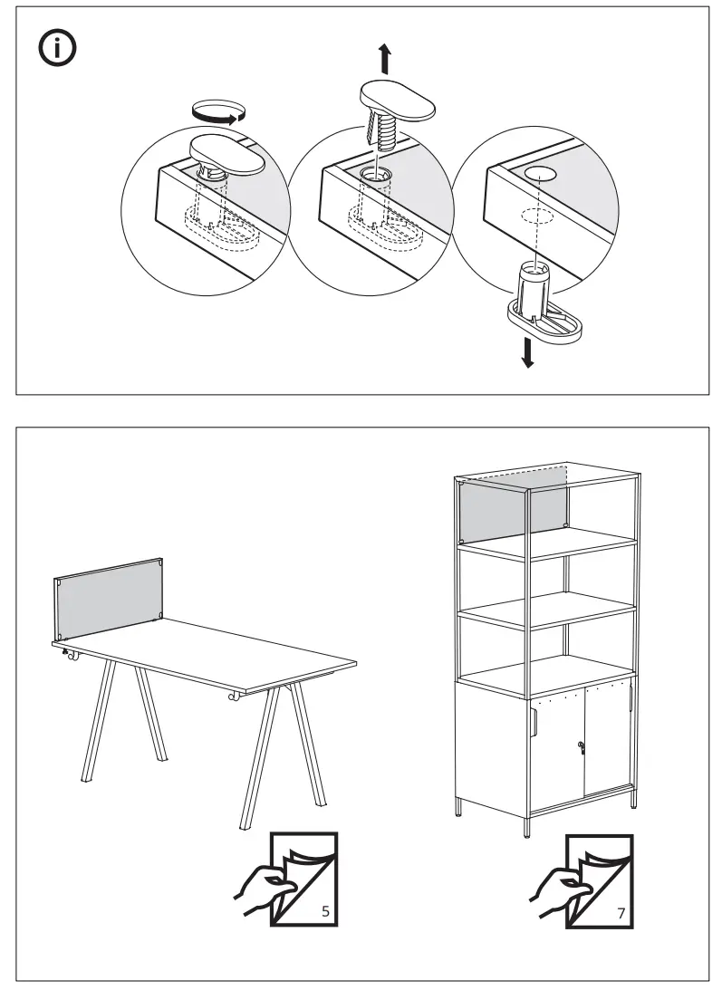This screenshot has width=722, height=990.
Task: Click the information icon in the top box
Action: [56, 50]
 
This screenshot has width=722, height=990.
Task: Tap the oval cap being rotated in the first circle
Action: [226, 155]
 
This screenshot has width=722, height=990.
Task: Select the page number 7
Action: [621, 912]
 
